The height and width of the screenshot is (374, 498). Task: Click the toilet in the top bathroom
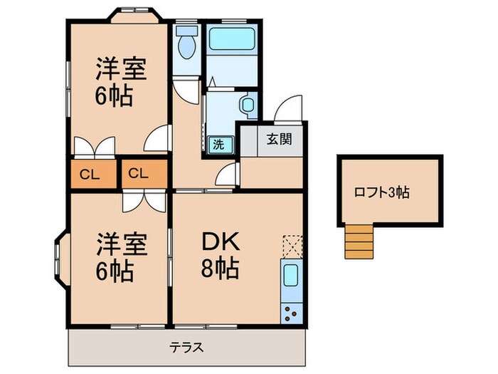186,44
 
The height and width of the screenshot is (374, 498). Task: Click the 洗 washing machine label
219,143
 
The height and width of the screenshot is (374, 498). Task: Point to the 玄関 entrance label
277,140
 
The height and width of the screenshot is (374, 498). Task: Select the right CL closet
139,173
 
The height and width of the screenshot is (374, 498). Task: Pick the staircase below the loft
359,240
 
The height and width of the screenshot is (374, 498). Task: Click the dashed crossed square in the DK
292,246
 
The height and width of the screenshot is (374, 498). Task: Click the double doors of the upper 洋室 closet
94,145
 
